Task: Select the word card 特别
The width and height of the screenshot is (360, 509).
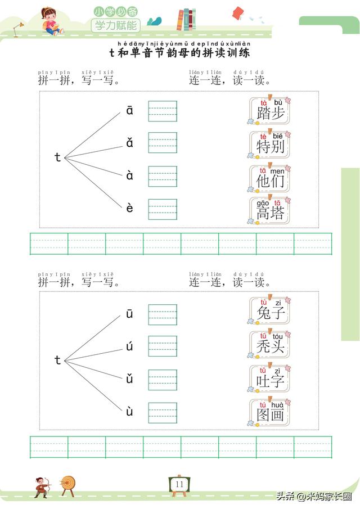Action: click(270, 146)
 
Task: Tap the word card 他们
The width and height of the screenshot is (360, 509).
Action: click(270, 179)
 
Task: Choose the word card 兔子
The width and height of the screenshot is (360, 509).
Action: click(270, 311)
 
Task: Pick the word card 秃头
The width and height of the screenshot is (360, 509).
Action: click(270, 345)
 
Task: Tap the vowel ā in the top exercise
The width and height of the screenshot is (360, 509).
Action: click(130, 111)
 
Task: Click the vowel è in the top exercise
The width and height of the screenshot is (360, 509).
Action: click(130, 209)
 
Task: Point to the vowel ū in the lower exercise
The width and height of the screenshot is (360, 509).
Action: click(130, 314)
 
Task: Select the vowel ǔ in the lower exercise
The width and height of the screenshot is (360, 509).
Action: click(130, 379)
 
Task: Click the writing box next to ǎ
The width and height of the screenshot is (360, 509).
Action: click(163, 143)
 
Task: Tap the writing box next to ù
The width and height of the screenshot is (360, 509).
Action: click(163, 413)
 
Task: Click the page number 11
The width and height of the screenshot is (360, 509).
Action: click(179, 484)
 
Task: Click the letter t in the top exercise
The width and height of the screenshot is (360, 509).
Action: click(57, 158)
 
